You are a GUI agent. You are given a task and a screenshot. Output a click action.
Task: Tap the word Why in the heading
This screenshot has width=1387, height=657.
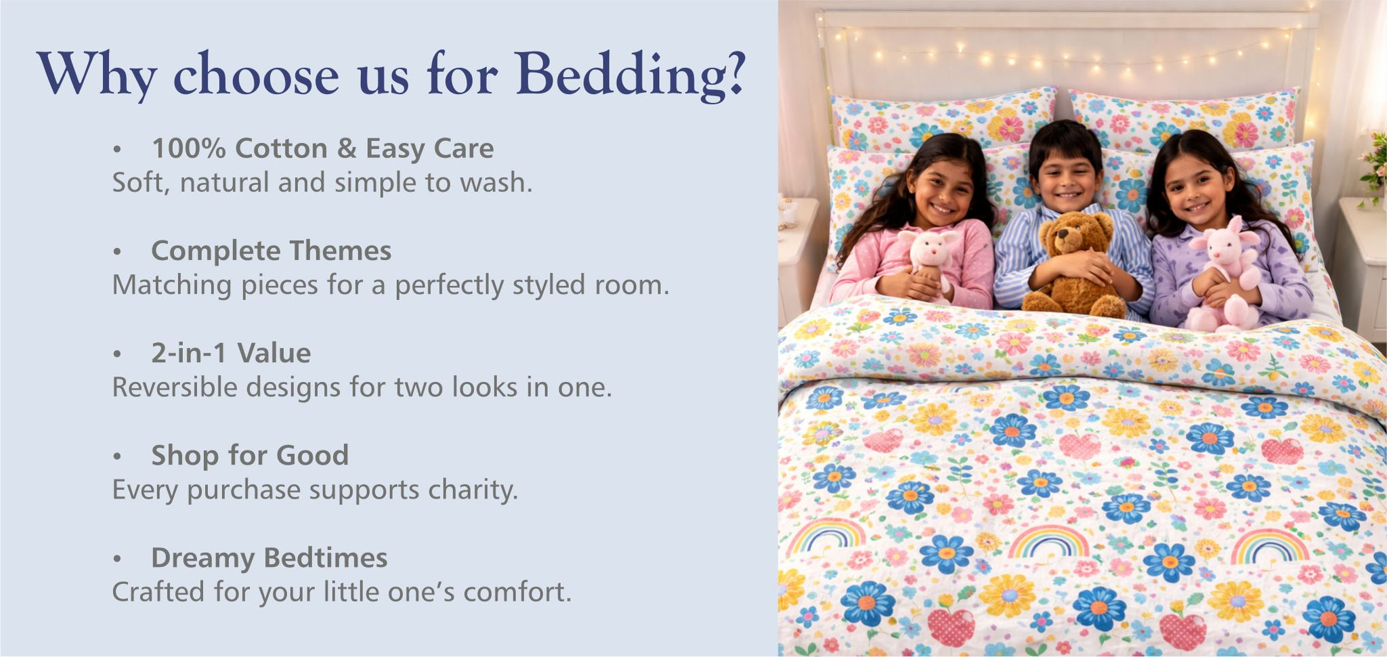(x=97, y=75)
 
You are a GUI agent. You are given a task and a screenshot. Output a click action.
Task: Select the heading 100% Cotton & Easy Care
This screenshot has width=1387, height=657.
(x=322, y=148)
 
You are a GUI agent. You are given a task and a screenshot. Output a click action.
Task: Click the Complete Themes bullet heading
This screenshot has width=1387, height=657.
(x=271, y=251)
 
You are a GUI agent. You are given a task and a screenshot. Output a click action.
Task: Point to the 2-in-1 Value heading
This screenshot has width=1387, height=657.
(x=231, y=353)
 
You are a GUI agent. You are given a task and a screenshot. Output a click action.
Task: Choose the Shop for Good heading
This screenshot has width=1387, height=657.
(x=250, y=455)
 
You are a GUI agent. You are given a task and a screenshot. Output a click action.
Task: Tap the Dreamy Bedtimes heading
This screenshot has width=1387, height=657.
(x=270, y=557)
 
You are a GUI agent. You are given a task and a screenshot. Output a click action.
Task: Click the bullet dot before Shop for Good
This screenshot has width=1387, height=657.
(x=117, y=457)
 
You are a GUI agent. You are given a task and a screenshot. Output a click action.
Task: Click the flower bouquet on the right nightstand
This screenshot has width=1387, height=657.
(x=1375, y=166)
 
